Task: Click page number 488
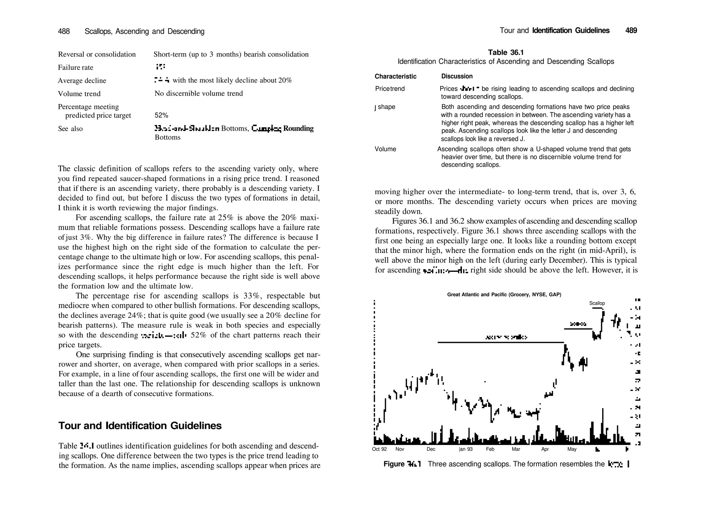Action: click(64, 32)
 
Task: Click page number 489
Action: click(631, 31)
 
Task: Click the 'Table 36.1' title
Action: click(506, 53)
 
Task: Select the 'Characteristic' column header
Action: click(395, 77)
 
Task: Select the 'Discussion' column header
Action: click(457, 77)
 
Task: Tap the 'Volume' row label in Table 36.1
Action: click(385, 149)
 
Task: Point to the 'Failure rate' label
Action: click(76, 67)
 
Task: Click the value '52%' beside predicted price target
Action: click(161, 116)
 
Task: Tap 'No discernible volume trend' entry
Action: click(199, 94)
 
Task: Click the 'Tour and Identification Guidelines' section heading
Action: click(140, 426)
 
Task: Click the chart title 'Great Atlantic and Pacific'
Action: click(504, 295)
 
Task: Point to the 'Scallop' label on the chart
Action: click(597, 303)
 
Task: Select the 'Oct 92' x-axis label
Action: click(379, 449)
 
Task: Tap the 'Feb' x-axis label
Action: click(490, 449)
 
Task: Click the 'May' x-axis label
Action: click(572, 449)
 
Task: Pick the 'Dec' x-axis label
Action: click(431, 449)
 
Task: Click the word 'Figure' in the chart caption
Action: click(394, 464)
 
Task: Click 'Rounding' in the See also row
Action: click(298, 129)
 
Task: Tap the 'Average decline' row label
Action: click(82, 81)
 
